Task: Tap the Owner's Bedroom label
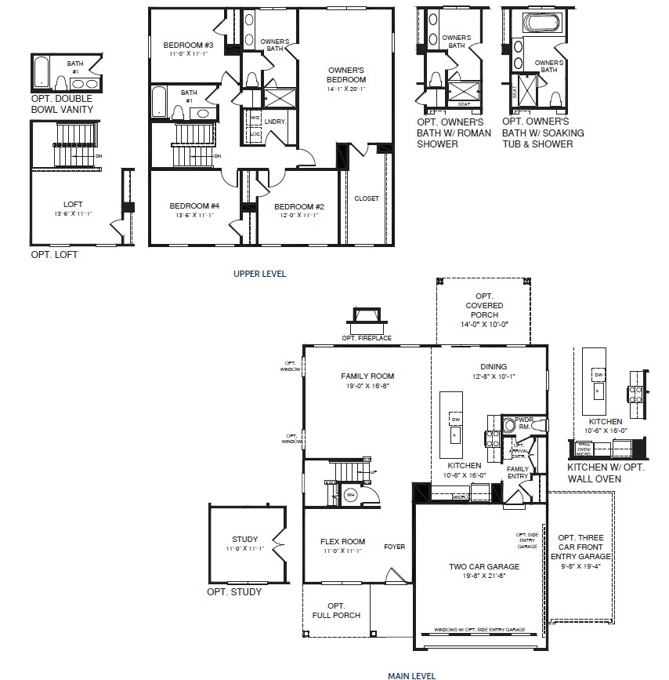[x=346, y=75]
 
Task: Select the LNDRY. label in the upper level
[x=275, y=122]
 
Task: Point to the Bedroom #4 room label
[x=194, y=206]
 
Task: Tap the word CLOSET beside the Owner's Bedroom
[x=366, y=198]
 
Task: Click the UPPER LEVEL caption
[x=259, y=274]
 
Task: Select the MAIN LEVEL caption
[x=411, y=675]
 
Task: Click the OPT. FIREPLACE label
[x=367, y=338]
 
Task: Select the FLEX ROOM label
[x=342, y=541]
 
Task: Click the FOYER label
[x=395, y=547]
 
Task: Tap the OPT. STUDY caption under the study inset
[x=234, y=591]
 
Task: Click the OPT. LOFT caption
[x=54, y=254]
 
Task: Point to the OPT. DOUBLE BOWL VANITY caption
[x=62, y=104]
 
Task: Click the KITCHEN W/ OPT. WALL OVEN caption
[x=605, y=473]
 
